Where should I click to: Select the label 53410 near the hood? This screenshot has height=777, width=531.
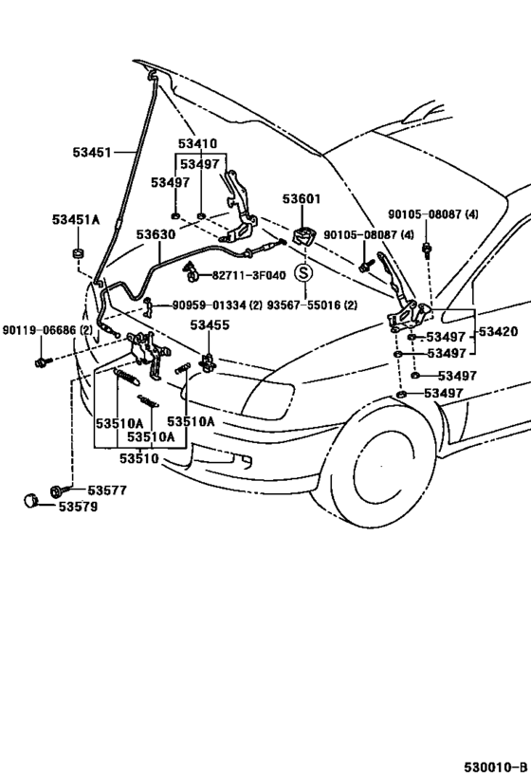196,144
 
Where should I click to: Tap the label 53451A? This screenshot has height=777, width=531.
75,219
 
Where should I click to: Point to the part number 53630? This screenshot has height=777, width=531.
155,234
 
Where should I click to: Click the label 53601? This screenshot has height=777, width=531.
302,199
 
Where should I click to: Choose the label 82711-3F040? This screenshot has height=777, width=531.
247,275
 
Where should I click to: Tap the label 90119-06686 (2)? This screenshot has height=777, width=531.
47,329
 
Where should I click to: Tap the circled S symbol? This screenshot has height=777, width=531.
302,273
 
